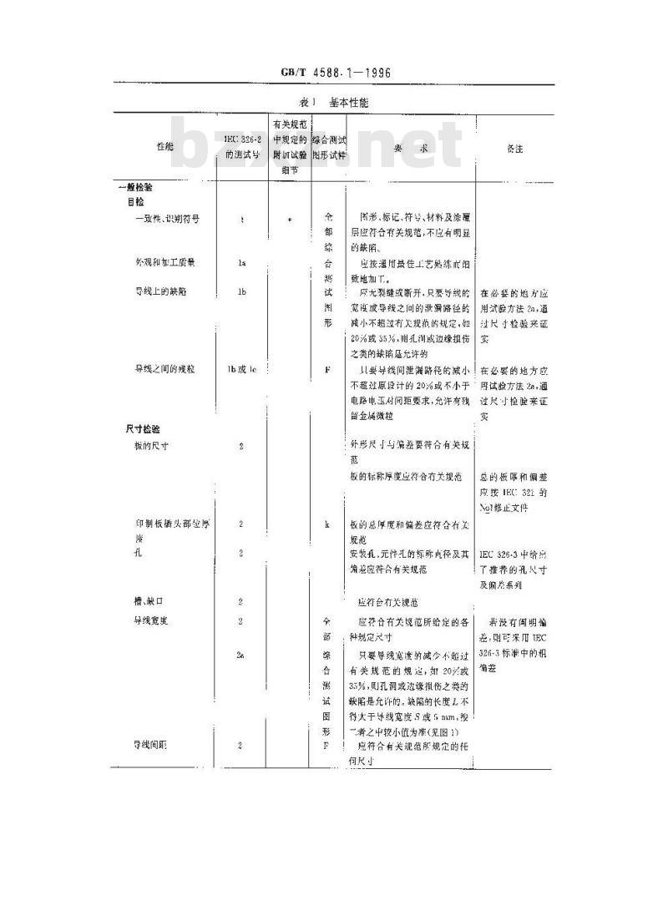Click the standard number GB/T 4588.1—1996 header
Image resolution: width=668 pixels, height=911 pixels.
tap(337, 73)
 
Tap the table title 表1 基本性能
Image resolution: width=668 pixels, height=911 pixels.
tap(333, 103)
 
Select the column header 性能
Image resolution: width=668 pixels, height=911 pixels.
tap(165, 147)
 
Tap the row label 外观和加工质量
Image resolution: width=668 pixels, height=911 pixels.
tap(165, 262)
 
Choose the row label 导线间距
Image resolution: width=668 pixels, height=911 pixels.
tap(151, 744)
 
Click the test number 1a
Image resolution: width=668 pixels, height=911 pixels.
tap(241, 262)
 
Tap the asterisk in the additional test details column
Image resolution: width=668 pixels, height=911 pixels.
tap(289, 219)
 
